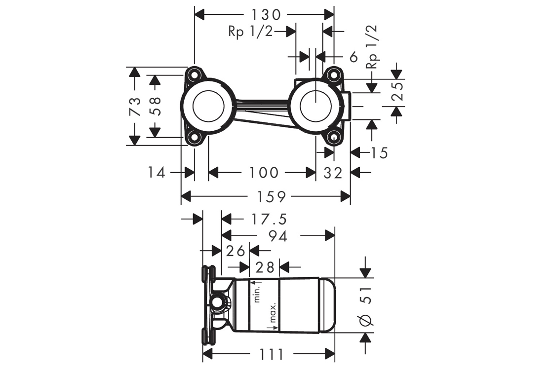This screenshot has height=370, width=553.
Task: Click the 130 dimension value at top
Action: point(265,14)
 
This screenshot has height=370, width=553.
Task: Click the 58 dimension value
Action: point(155,106)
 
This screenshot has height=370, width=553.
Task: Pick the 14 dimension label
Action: point(156,173)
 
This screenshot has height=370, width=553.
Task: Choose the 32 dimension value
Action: point(333,173)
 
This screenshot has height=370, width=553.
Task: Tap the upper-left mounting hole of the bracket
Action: point(194,75)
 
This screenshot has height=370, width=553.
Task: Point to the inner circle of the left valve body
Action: point(208,106)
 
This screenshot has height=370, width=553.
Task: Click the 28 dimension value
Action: point(265,267)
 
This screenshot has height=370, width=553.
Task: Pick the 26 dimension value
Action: point(236,251)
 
